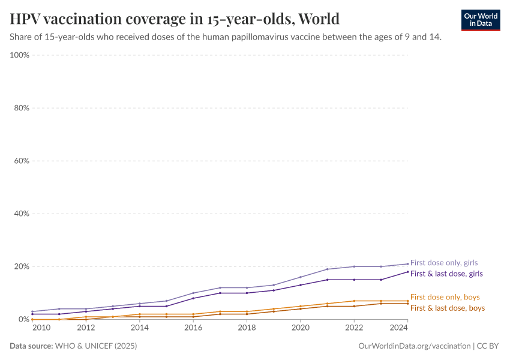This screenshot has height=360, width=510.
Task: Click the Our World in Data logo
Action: pyautogui.click(x=481, y=20)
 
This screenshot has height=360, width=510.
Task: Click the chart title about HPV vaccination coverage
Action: pyautogui.click(x=175, y=19)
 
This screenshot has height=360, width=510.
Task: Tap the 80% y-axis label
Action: pyautogui.click(x=22, y=108)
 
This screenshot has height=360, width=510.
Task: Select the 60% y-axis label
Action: pyautogui.click(x=22, y=161)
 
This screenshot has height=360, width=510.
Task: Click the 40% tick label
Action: pyautogui.click(x=22, y=214)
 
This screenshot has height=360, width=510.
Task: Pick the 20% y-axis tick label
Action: pyautogui.click(x=22, y=266)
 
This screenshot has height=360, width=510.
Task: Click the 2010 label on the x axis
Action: pyautogui.click(x=41, y=328)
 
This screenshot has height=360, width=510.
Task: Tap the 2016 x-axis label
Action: pyautogui.click(x=193, y=328)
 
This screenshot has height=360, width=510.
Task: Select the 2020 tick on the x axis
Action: pyautogui.click(x=300, y=328)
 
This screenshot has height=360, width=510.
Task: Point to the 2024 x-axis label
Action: pyautogui.click(x=398, y=328)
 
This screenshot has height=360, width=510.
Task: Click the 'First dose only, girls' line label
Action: pyautogui.click(x=444, y=263)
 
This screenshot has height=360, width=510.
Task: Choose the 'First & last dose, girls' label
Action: pyautogui.click(x=446, y=274)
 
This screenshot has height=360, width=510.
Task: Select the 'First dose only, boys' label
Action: pyautogui.click(x=445, y=297)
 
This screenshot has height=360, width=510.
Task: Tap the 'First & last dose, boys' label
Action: pyautogui.click(x=447, y=308)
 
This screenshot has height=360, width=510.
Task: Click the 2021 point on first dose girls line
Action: pyautogui.click(x=327, y=269)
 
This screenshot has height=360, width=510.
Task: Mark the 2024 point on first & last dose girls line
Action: pyautogui.click(x=407, y=272)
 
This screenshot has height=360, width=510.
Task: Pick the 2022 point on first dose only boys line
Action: pyautogui.click(x=354, y=301)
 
